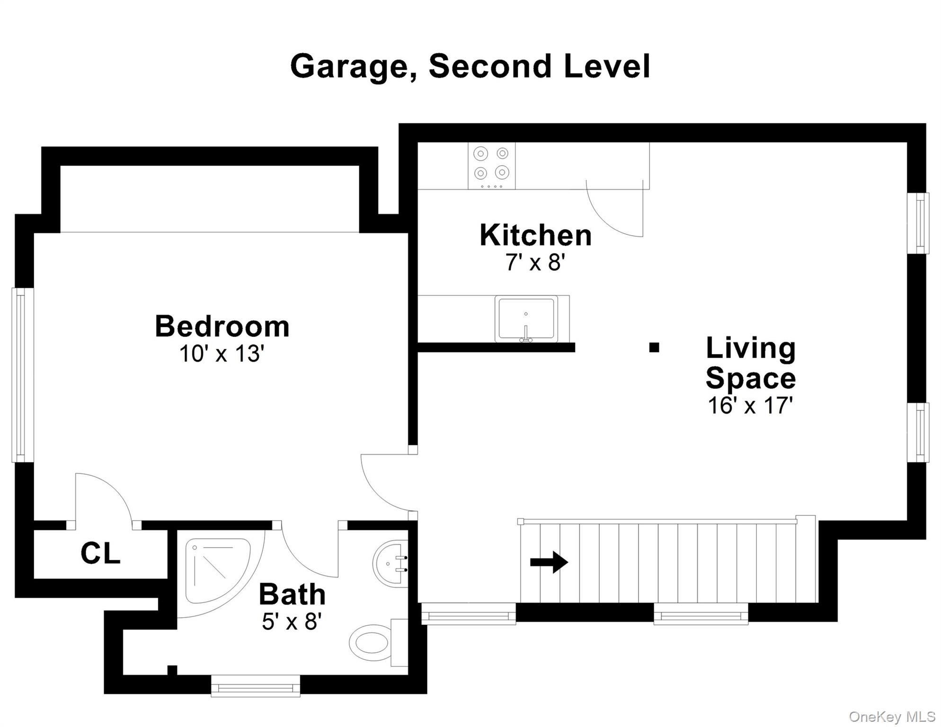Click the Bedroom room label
(x=222, y=327)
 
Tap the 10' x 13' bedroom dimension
(x=222, y=354)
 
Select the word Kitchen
(x=535, y=235)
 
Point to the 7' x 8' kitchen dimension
(x=535, y=262)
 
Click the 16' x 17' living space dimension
(x=750, y=406)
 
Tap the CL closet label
(x=100, y=553)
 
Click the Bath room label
(x=292, y=594)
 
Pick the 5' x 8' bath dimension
(x=292, y=621)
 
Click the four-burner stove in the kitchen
(x=491, y=166)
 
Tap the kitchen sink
(x=526, y=319)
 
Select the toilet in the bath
(x=374, y=643)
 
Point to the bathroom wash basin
(x=391, y=564)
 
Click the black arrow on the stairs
(x=549, y=562)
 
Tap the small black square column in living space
(x=654, y=347)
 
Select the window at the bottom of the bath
(x=256, y=686)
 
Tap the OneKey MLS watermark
(x=892, y=717)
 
